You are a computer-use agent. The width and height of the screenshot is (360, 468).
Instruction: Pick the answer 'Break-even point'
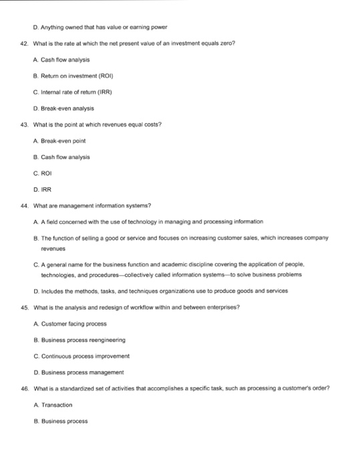63,140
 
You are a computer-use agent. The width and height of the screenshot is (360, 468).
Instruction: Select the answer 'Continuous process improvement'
81,356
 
